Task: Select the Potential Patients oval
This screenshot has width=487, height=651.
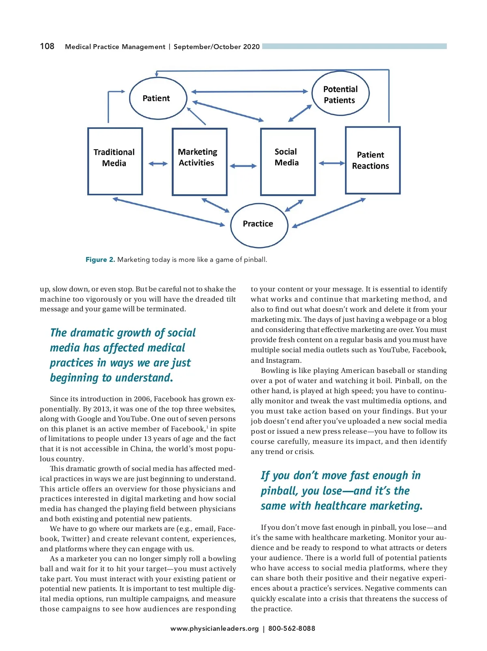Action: pyautogui.click(x=340, y=94)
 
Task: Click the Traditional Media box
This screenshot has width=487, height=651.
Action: pyautogui.click(x=115, y=161)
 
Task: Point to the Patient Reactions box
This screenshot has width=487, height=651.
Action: pyautogui.click(x=372, y=161)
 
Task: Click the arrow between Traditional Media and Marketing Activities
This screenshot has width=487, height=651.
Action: pyautogui.click(x=158, y=164)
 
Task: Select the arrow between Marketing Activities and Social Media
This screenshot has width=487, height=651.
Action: pyautogui.click(x=243, y=166)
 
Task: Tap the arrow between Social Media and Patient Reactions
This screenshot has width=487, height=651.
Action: pyautogui.click(x=332, y=163)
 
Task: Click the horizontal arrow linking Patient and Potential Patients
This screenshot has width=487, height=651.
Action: pyautogui.click(x=249, y=92)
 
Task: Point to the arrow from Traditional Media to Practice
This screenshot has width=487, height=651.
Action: pyautogui.click(x=168, y=212)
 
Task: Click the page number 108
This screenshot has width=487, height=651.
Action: pyautogui.click(x=47, y=46)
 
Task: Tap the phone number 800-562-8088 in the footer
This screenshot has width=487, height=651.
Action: pyautogui.click(x=291, y=628)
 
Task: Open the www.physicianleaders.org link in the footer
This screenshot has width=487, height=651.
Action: pyautogui.click(x=214, y=628)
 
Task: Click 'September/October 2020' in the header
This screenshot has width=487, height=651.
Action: pyautogui.click(x=216, y=47)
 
